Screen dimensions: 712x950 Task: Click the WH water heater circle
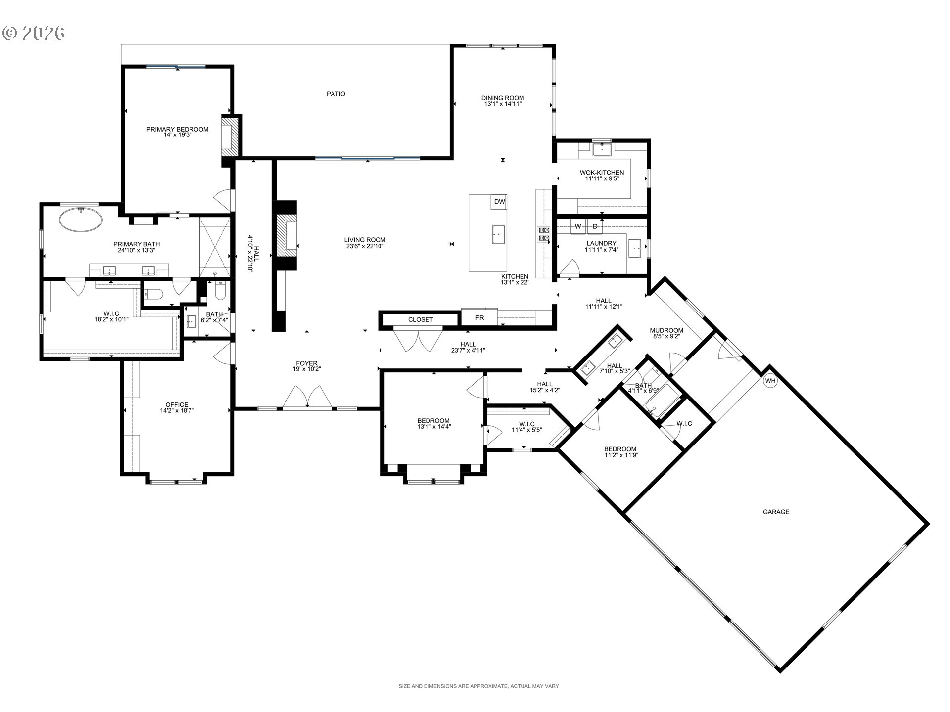(x=770, y=381)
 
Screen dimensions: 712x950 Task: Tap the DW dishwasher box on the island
(x=499, y=202)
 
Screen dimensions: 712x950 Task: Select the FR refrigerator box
(x=479, y=318)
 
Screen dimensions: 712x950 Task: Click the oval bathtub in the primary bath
(x=81, y=220)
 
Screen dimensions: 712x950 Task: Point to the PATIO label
(x=336, y=94)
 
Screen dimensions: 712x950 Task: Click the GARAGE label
(x=776, y=512)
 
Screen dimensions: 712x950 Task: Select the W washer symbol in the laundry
(x=578, y=226)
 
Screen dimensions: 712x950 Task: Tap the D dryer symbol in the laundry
(x=595, y=226)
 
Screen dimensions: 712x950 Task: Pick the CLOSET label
(x=421, y=320)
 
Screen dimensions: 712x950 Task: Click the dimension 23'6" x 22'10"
(x=365, y=246)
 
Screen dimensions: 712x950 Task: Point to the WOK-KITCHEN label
(x=602, y=173)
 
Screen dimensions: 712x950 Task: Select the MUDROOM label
(x=666, y=330)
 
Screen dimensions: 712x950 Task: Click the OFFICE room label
(x=177, y=404)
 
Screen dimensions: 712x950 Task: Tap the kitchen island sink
(x=498, y=234)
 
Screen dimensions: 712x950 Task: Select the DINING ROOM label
(x=503, y=98)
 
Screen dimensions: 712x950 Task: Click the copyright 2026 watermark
(x=34, y=33)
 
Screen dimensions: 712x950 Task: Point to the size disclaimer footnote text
(x=478, y=686)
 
